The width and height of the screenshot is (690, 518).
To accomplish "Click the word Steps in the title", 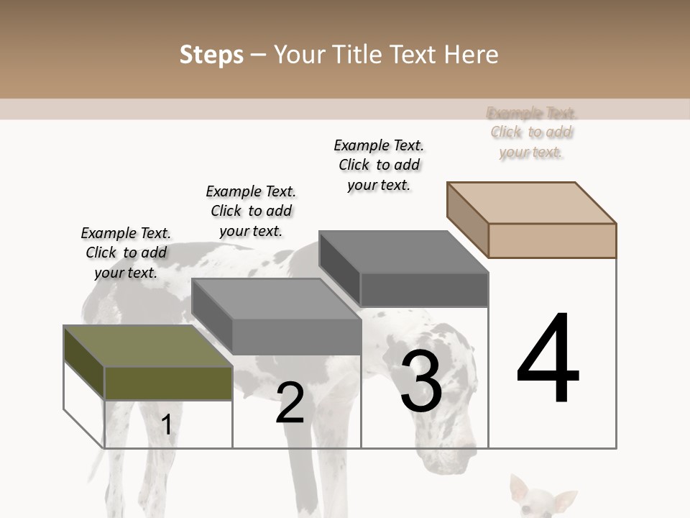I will pyautogui.click(x=211, y=55).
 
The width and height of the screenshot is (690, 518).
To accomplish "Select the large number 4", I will pyautogui.click(x=548, y=360).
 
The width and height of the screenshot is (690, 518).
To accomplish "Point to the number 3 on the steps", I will pyautogui.click(x=421, y=381).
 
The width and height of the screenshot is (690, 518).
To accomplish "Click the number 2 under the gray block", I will pyautogui.click(x=290, y=402).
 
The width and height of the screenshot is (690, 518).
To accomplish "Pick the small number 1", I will pyautogui.click(x=167, y=424).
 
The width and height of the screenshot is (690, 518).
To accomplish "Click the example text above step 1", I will pyautogui.click(x=126, y=253).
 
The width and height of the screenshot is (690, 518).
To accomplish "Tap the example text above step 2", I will pyautogui.click(x=251, y=211).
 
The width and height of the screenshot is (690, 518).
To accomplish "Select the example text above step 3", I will pyautogui.click(x=379, y=165).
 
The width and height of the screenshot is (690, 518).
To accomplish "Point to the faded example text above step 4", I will pyautogui.click(x=531, y=132).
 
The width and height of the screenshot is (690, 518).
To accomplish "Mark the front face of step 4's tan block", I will pyautogui.click(x=552, y=240).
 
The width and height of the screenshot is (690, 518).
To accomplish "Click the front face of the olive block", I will pyautogui.click(x=168, y=383).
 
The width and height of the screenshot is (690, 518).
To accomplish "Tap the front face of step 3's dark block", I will pyautogui.click(x=424, y=290).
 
